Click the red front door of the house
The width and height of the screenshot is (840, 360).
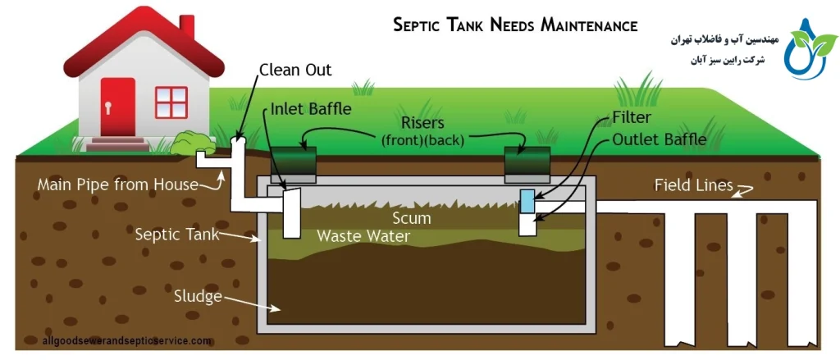(x=117, y=107)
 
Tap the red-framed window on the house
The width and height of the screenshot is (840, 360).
(x=171, y=102)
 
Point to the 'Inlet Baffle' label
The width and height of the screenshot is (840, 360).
(x=311, y=108)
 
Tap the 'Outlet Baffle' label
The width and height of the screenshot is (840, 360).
(x=659, y=139)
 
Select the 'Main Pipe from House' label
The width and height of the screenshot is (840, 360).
(x=118, y=185)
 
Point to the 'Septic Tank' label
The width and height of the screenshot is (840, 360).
(x=177, y=235)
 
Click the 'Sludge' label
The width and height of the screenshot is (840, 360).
(x=199, y=296)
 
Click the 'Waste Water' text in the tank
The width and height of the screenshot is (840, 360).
(x=363, y=236)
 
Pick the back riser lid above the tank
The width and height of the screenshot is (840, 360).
(x=527, y=164)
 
